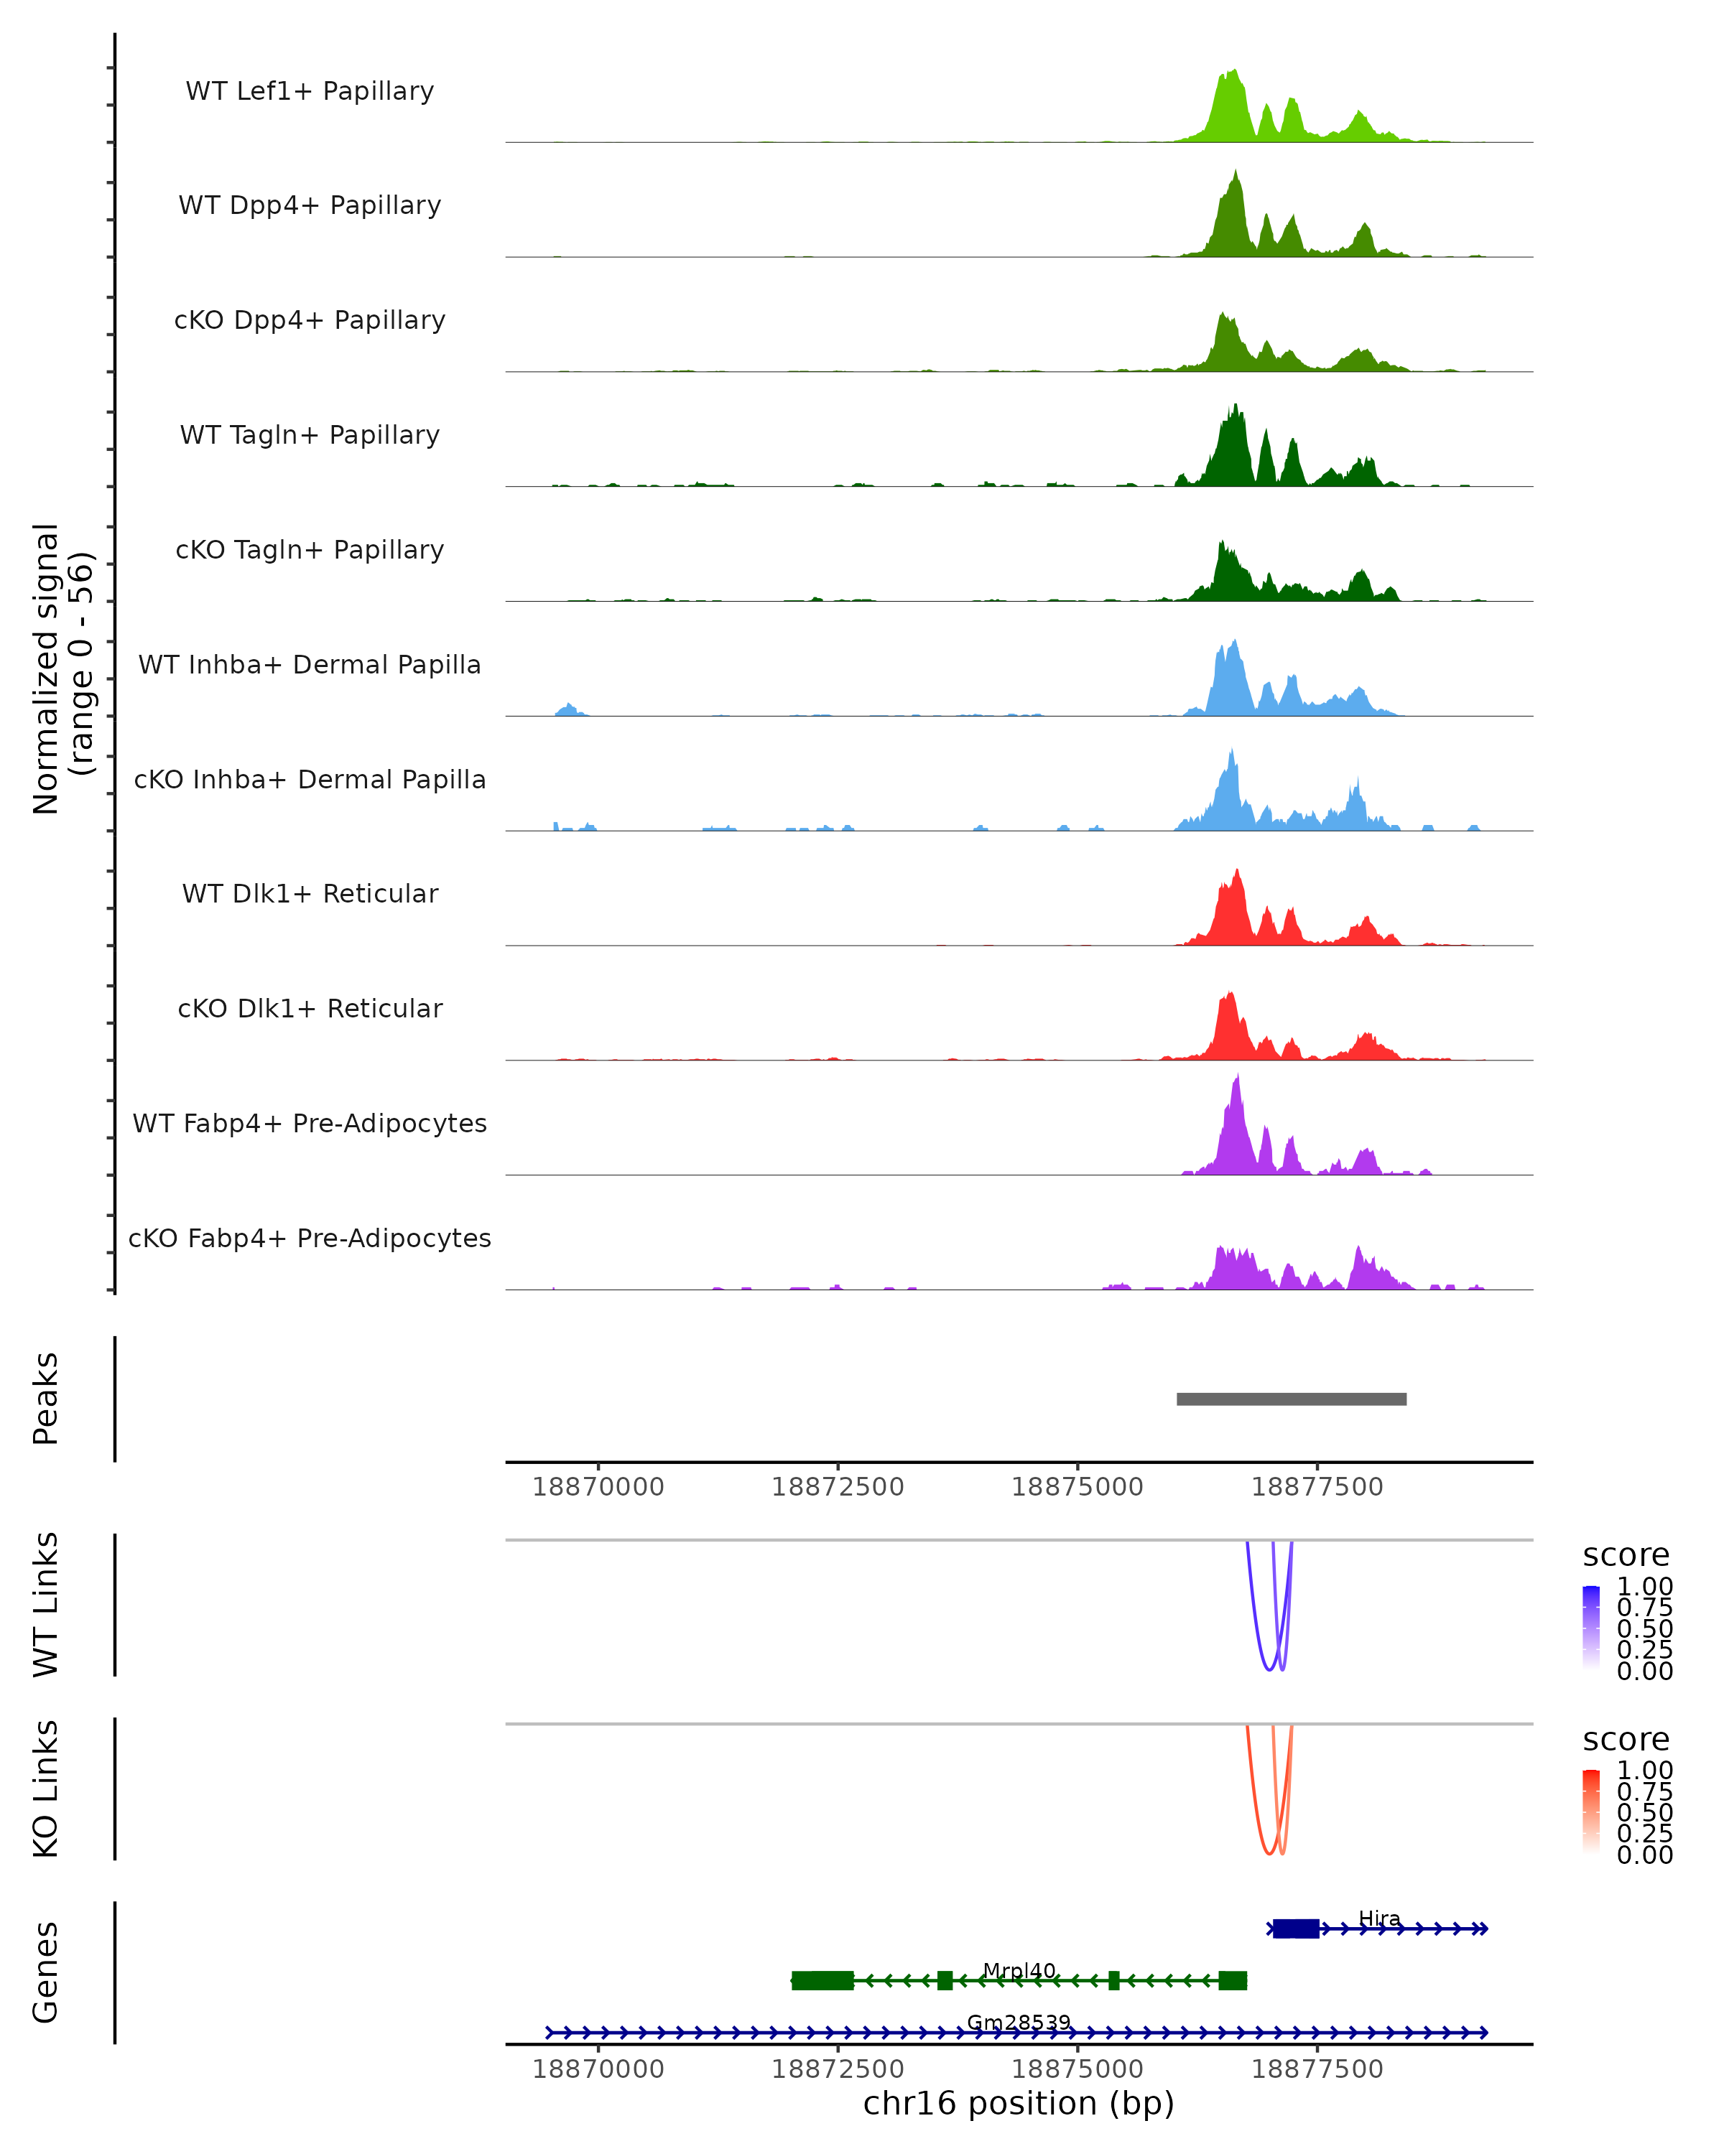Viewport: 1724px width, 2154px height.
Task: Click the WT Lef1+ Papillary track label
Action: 310,91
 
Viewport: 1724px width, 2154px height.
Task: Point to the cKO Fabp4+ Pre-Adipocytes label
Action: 310,1238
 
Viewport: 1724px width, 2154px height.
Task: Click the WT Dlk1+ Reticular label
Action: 310,893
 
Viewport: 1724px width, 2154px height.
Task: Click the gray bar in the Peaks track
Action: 1292,1399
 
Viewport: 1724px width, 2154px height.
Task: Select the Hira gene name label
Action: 1379,1919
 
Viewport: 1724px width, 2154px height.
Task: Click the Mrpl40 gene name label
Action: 1019,1971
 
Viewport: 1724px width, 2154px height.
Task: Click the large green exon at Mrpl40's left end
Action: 822,1980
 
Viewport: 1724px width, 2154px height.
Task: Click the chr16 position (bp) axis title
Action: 1019,2104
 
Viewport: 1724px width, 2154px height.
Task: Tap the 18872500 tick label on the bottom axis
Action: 838,2069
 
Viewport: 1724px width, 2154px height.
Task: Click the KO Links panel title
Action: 46,1789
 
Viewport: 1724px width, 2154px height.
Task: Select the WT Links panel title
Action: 46,1605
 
